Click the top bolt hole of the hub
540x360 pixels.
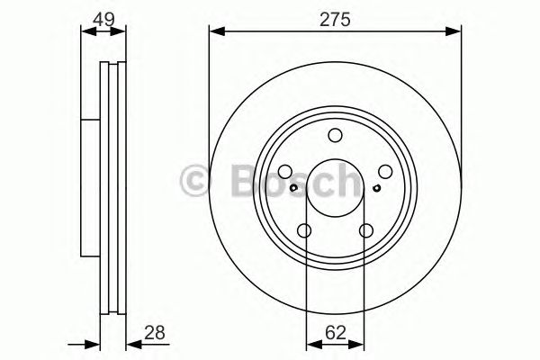(335, 136)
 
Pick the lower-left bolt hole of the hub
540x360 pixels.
(305, 230)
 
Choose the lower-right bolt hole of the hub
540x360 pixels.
(365, 230)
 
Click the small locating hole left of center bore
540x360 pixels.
(294, 188)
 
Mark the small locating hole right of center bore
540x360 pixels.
(376, 188)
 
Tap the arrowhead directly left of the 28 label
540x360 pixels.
(130, 342)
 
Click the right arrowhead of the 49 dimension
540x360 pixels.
(124, 32)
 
